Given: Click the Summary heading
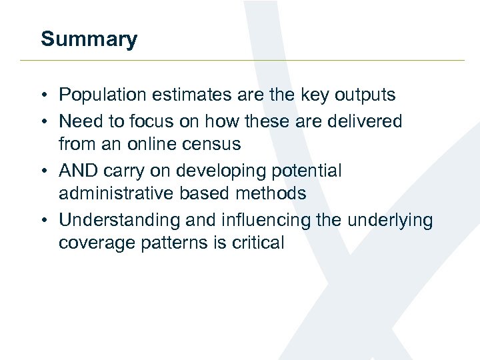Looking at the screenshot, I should (x=89, y=39).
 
